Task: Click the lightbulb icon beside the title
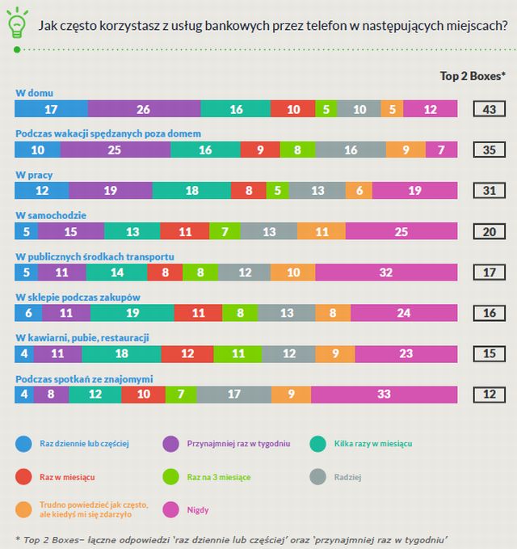[x=15, y=24]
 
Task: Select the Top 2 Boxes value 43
[x=489, y=108]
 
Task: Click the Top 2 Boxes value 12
[x=489, y=395]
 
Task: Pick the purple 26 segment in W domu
[x=144, y=108]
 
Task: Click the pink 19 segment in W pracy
[x=415, y=191]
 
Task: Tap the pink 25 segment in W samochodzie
[x=402, y=231]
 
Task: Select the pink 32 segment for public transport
[x=386, y=272]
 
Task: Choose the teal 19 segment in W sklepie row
[x=132, y=313]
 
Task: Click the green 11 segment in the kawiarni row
[x=238, y=353]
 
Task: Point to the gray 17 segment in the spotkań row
[x=233, y=395]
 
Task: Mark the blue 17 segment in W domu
[x=51, y=108]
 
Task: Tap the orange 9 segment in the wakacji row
[x=406, y=150]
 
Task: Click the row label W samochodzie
[x=51, y=215]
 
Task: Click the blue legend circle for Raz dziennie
[x=24, y=443]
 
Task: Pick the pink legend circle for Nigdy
[x=171, y=510]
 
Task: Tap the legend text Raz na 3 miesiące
[x=216, y=477]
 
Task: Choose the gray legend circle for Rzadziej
[x=318, y=477]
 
